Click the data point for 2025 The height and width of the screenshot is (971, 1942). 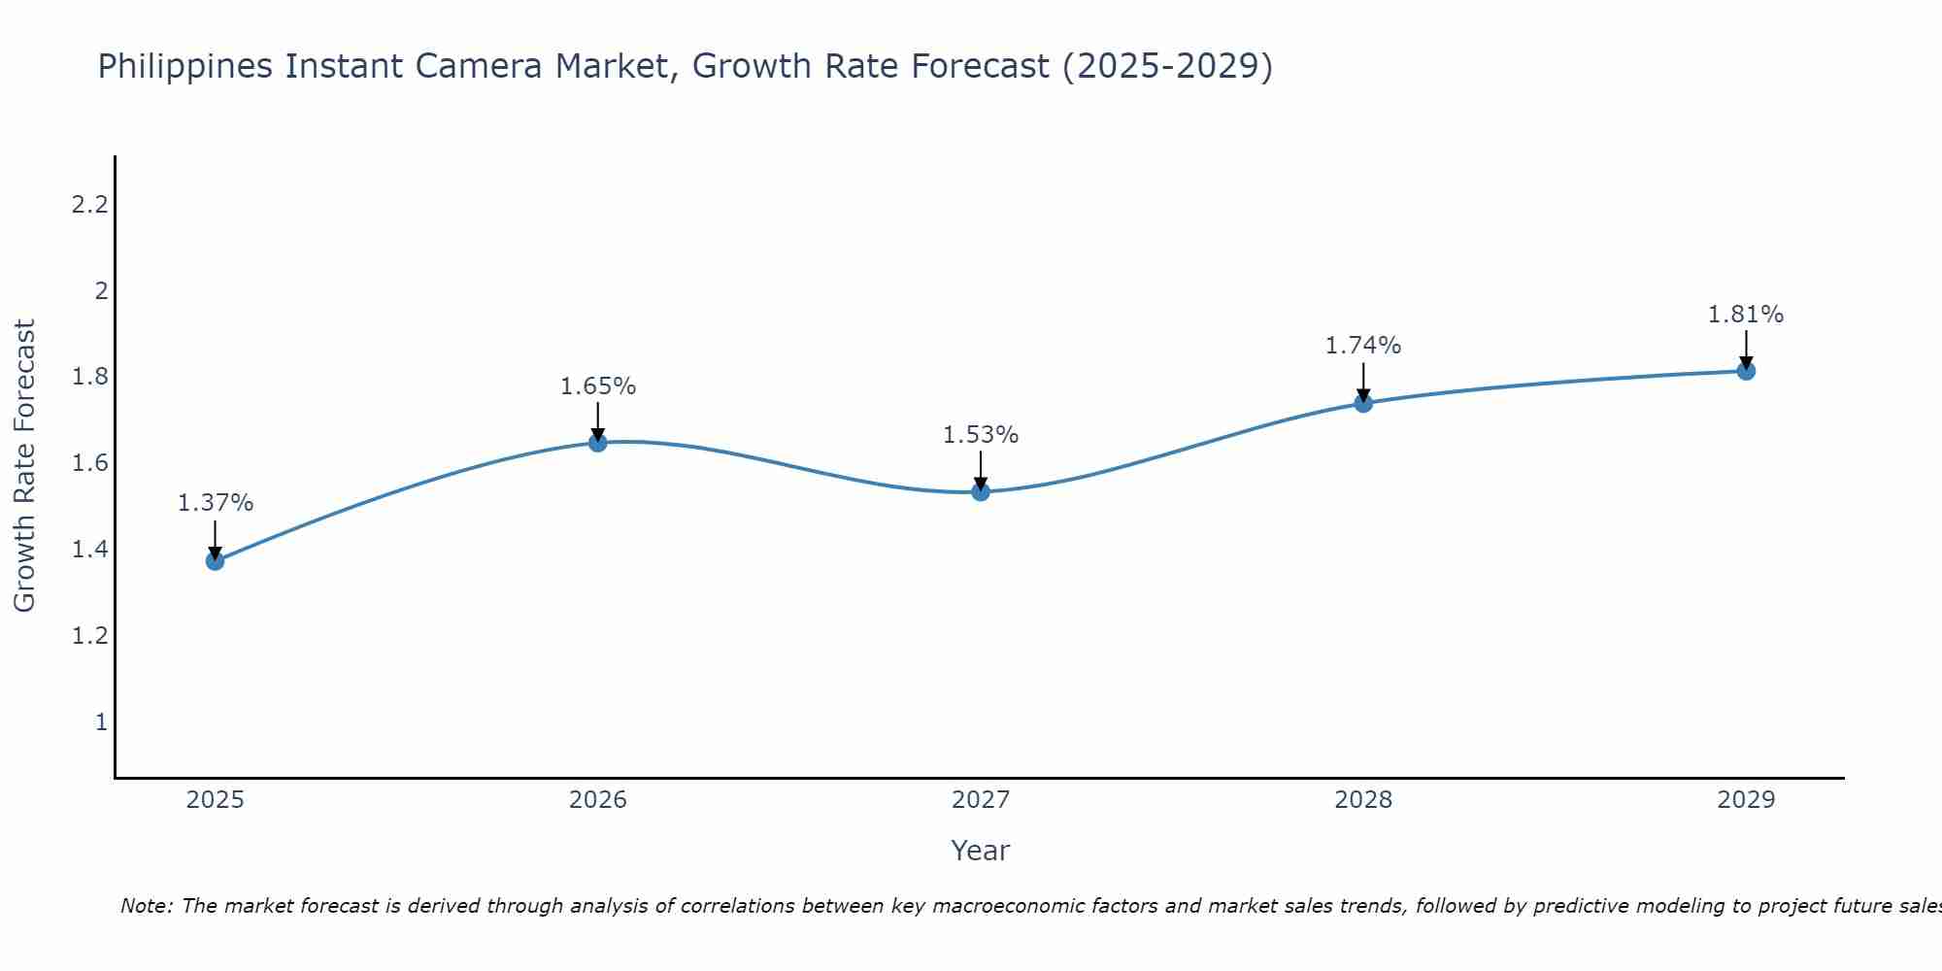[216, 560]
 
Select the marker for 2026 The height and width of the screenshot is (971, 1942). [598, 443]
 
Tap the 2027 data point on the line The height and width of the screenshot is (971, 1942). [981, 491]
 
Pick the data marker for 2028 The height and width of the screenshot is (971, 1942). [1363, 403]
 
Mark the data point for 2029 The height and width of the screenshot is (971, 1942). [1746, 371]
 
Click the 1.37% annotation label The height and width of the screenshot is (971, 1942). [216, 503]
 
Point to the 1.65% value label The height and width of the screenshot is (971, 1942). [598, 386]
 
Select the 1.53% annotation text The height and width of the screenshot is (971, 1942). [981, 435]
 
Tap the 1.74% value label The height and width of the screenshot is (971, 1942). [1363, 346]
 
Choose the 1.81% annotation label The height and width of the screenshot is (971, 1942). [1746, 315]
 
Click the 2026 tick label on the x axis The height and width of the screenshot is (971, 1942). [598, 800]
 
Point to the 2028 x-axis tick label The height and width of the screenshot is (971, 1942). [1363, 800]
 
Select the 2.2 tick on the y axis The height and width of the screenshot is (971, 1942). [89, 205]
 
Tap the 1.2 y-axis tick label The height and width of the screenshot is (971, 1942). [89, 636]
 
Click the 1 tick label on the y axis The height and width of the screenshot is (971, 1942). [100, 722]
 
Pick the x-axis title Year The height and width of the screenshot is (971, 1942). [981, 851]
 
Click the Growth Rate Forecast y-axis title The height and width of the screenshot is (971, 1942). [24, 466]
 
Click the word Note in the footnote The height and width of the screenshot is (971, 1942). [146, 906]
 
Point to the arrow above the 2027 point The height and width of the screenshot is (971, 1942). [981, 470]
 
